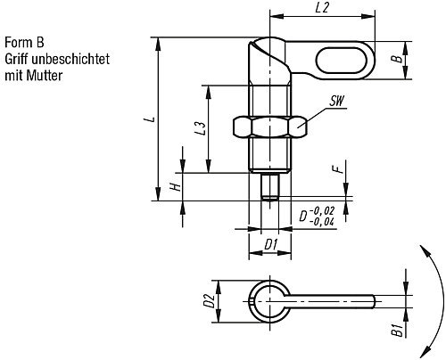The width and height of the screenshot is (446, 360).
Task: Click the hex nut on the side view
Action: point(270,127)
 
